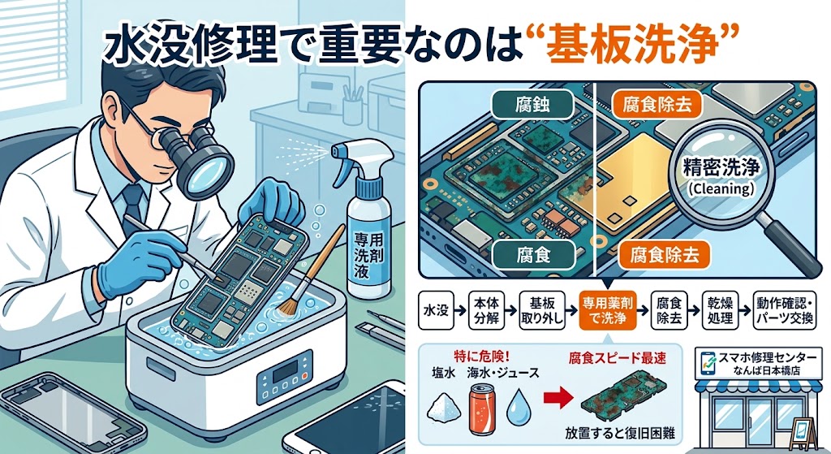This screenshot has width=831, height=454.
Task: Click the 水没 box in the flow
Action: pyautogui.click(x=436, y=311)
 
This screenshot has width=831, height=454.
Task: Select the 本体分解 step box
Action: pyautogui.click(x=485, y=311)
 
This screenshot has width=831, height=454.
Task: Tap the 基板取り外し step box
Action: pyautogui.click(x=541, y=311)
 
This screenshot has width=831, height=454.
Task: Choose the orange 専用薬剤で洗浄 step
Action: pyautogui.click(x=607, y=311)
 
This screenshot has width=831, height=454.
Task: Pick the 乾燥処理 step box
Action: pyautogui.click(x=720, y=311)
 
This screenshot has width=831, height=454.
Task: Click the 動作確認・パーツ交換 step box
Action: pyautogui.click(x=784, y=311)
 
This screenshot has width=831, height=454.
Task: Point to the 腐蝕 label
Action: pyautogui.click(x=532, y=105)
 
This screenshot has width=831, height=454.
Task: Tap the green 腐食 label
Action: pyautogui.click(x=533, y=256)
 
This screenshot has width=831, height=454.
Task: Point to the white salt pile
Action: pyautogui.click(x=445, y=409)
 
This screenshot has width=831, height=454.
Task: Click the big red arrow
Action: pyautogui.click(x=558, y=399)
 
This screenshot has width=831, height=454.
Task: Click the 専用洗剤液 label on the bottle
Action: pyautogui.click(x=369, y=254)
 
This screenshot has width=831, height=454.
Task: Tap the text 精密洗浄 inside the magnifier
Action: pyautogui.click(x=721, y=167)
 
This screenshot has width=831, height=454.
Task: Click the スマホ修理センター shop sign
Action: pyautogui.click(x=758, y=363)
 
